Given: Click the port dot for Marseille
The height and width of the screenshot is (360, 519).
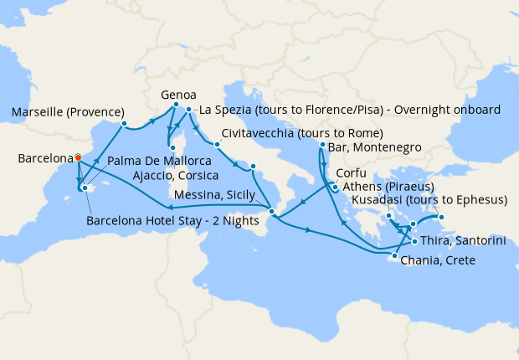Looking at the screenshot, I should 124,125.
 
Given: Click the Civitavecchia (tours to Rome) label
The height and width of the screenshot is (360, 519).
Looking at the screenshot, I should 303,134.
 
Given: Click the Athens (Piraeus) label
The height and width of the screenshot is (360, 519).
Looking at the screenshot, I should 386,187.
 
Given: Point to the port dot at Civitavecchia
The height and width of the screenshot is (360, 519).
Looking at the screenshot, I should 216,144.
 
